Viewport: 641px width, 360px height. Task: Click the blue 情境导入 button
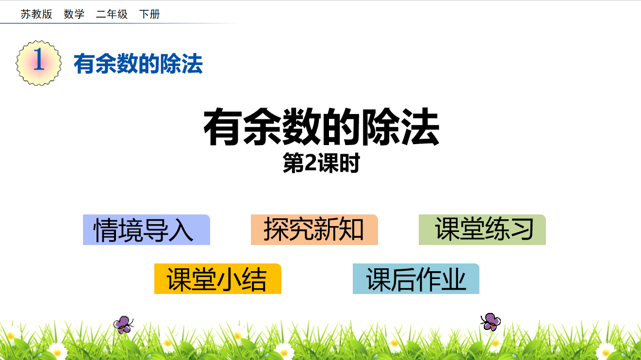[147, 229]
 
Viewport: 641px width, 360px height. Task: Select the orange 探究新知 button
[314, 229]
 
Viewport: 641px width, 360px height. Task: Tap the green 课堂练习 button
[482, 229]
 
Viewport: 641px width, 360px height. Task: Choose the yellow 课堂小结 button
[218, 278]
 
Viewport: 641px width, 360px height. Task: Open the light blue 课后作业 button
[416, 278]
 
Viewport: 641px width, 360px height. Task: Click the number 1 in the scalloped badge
[39, 59]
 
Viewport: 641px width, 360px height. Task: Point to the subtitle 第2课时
[321, 163]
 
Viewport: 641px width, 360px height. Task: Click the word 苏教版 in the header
[36, 14]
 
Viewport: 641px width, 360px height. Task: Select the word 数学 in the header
[74, 14]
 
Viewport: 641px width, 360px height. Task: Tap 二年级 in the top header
[112, 14]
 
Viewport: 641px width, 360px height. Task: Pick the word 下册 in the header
[149, 14]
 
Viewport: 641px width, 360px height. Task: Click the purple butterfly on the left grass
[123, 325]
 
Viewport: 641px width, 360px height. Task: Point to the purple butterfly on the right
[491, 322]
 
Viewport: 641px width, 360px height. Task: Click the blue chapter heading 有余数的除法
[138, 64]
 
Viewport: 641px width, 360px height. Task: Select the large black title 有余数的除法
[321, 127]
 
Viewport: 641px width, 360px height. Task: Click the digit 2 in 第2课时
[311, 163]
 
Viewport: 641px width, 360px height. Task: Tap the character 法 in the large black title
[420, 127]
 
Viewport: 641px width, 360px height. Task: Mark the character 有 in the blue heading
[84, 64]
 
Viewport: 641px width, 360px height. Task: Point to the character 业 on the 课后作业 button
[454, 279]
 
